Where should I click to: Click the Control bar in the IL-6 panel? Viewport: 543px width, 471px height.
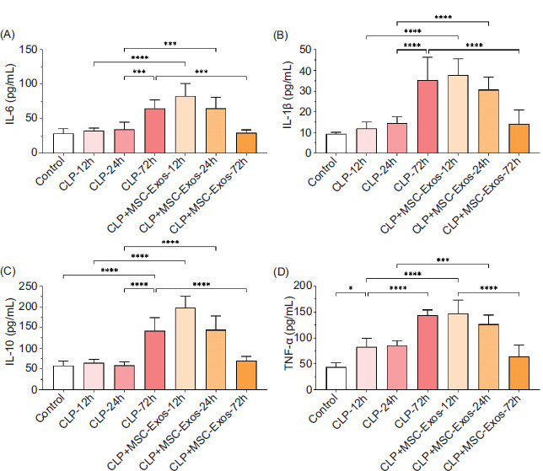coord(63,143)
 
